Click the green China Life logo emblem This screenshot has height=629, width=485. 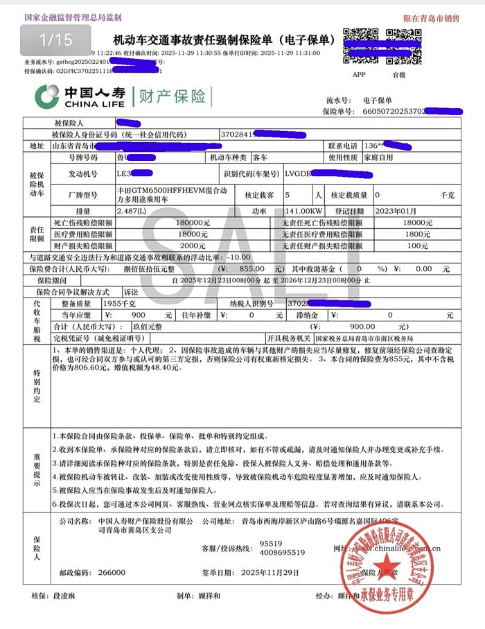47,96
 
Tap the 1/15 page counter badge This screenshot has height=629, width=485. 55,40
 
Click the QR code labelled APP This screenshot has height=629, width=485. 358,45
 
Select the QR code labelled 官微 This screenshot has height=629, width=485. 400,45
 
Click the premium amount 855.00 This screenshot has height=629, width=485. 247,268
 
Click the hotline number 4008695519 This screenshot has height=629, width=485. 282,553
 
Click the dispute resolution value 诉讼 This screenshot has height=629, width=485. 131,292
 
